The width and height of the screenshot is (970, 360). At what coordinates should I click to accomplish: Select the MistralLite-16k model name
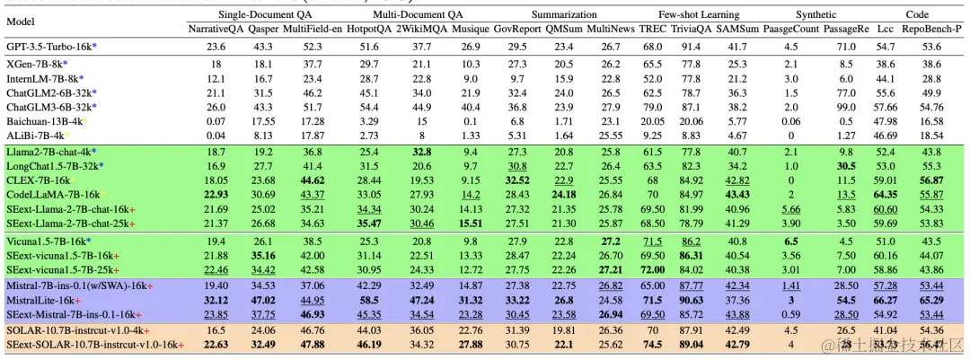(x=42, y=300)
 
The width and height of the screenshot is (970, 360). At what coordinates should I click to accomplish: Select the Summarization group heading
(x=564, y=14)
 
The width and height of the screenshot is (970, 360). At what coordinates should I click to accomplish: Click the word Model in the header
(x=21, y=21)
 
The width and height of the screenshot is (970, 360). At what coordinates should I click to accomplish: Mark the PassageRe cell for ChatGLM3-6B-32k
(x=846, y=106)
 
